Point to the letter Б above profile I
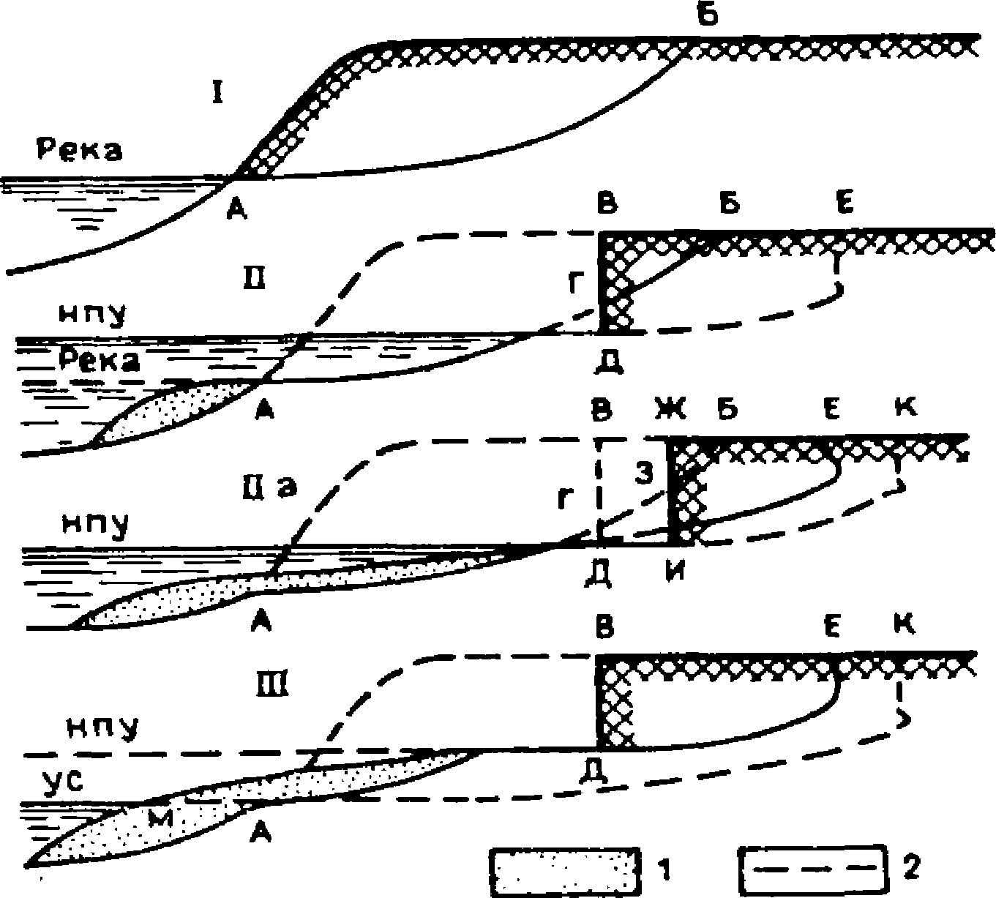[707, 16]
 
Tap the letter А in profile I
[236, 210]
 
